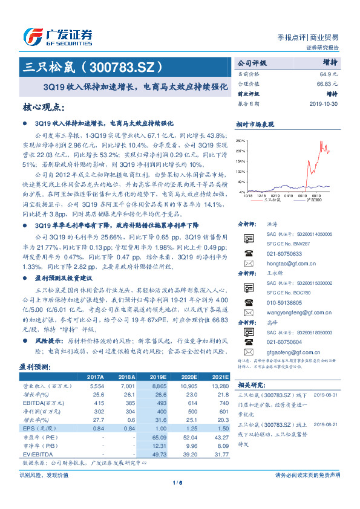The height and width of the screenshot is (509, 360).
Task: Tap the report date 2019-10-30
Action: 327,103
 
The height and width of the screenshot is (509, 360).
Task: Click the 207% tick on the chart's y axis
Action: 241,151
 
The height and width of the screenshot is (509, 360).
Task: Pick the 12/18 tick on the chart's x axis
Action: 261,196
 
